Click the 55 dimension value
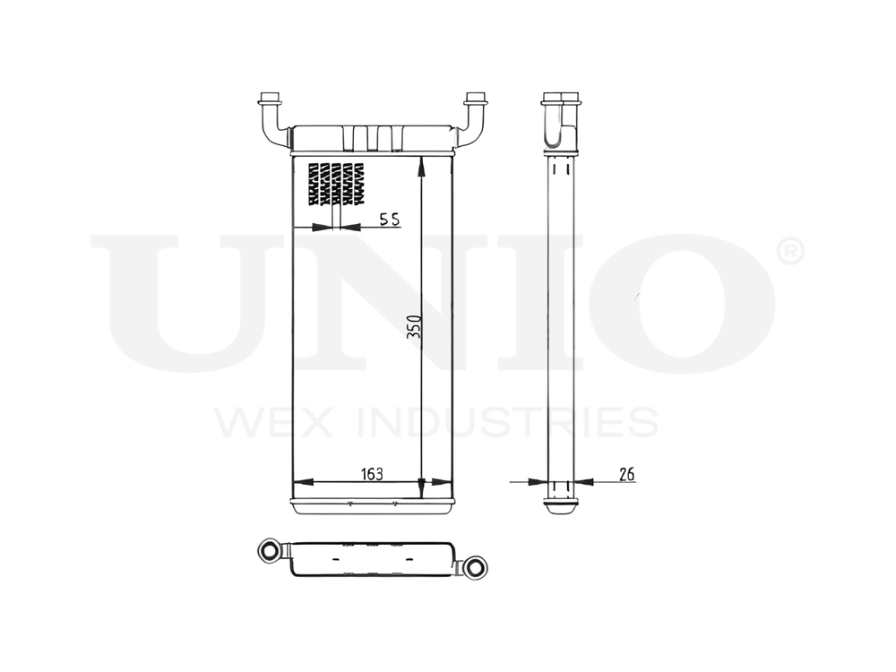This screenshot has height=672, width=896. (388, 220)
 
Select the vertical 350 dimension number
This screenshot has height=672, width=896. (414, 328)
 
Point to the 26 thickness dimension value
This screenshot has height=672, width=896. (626, 474)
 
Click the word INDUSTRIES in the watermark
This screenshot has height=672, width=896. (507, 422)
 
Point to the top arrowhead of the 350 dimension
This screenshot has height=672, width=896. (422, 162)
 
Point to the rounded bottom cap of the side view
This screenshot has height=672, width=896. (561, 508)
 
